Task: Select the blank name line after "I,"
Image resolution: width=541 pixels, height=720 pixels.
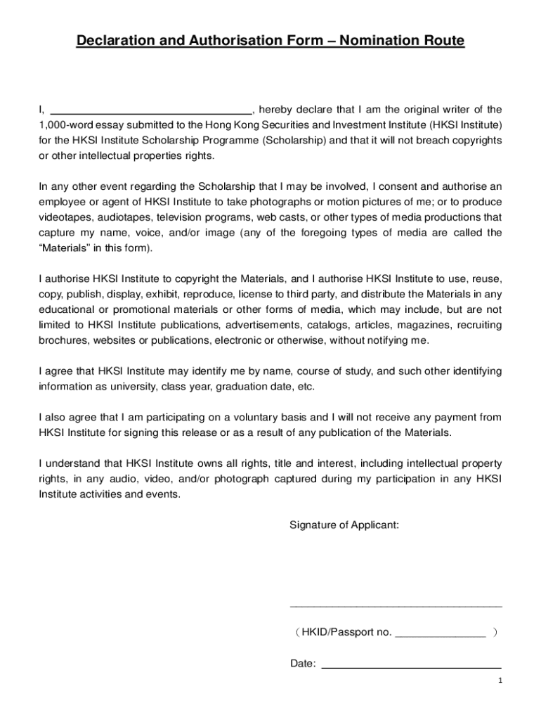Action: [x=152, y=111]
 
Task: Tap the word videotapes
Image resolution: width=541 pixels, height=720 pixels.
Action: [x=65, y=217]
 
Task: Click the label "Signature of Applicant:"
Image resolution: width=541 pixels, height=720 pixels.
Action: [x=344, y=525]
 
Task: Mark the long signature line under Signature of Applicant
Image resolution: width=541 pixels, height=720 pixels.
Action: [x=396, y=605]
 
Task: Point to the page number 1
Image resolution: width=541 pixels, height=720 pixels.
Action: [x=499, y=681]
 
